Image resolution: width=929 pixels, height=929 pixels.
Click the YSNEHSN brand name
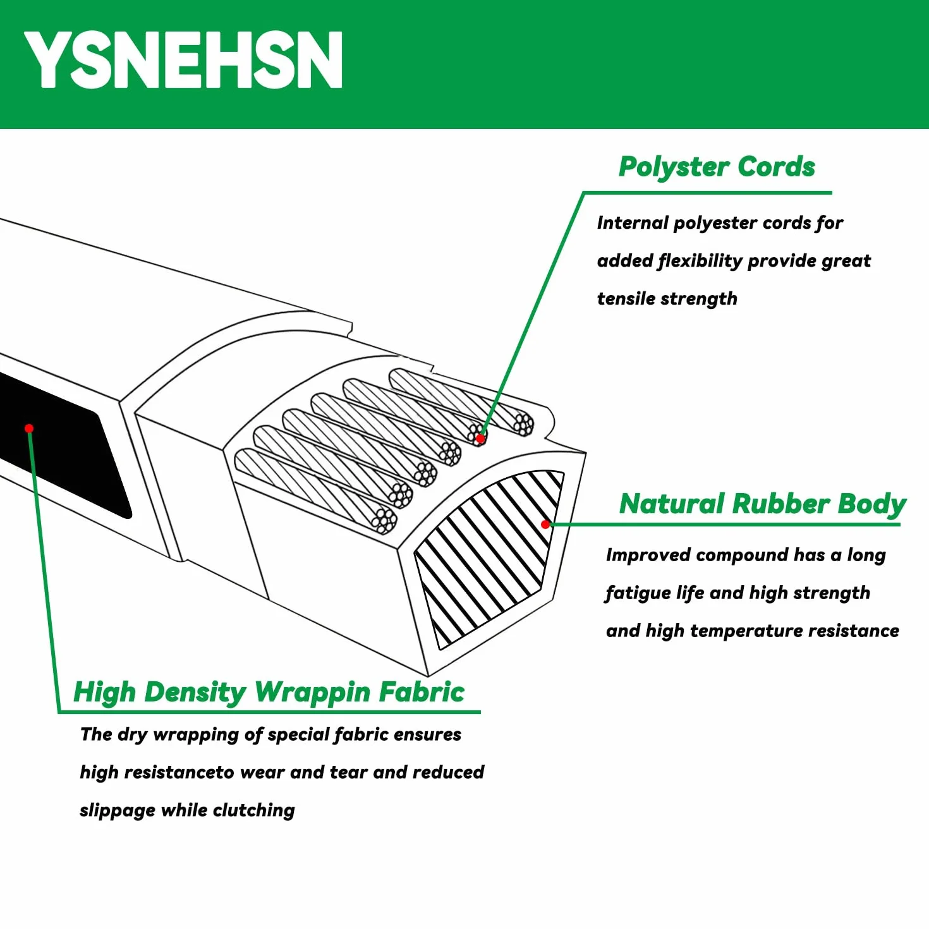click(x=183, y=60)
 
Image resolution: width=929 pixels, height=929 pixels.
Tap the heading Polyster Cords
click(x=717, y=167)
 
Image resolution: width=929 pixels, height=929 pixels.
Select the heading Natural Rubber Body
click(x=763, y=505)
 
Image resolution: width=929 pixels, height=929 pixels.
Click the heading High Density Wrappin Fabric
click(x=269, y=693)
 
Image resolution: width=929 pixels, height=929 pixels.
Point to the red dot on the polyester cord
click(x=480, y=439)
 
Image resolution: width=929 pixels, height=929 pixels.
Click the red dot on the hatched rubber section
click(x=545, y=525)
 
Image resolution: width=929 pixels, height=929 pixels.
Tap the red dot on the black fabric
click(x=29, y=428)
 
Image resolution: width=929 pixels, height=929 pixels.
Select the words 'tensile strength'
click(x=667, y=299)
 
